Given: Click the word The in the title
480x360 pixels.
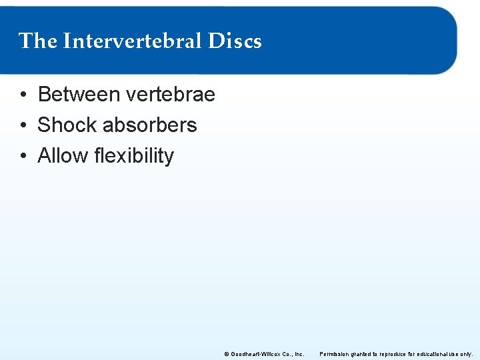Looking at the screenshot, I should click(x=38, y=41).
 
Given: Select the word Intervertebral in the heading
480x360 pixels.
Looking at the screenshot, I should click(x=132, y=41).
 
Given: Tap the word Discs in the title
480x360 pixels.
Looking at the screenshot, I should click(x=235, y=41).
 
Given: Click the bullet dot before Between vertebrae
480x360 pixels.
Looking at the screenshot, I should click(x=23, y=95).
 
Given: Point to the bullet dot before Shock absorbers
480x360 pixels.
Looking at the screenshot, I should click(x=23, y=126).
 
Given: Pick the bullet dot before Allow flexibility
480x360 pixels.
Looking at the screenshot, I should click(x=23, y=157).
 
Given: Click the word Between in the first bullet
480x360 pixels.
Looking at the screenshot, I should click(x=79, y=95).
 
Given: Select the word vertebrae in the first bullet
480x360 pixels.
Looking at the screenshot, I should click(x=170, y=95).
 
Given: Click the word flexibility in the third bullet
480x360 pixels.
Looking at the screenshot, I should click(x=134, y=156).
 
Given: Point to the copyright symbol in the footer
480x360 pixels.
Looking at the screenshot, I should click(x=226, y=354).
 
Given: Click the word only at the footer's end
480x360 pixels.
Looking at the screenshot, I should click(x=467, y=354).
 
